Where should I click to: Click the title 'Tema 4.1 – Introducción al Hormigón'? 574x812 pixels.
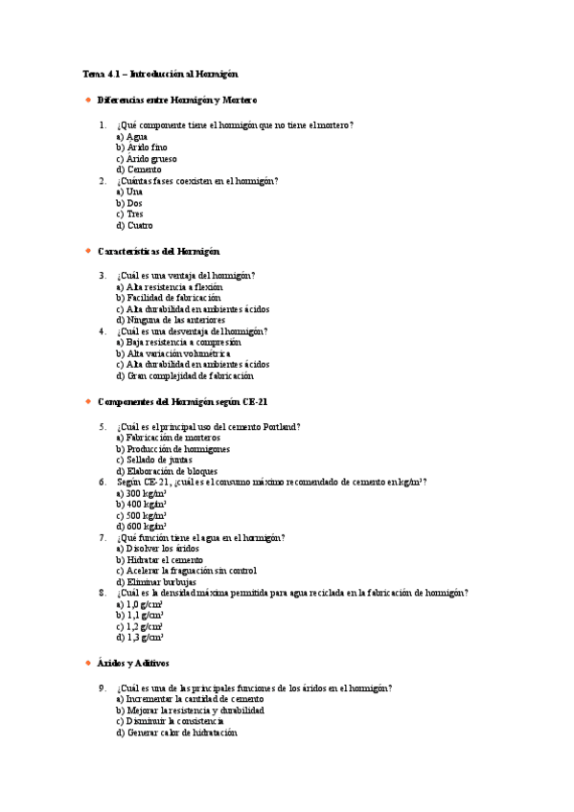coord(160,74)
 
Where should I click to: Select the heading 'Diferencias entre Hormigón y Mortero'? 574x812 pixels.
coord(177,100)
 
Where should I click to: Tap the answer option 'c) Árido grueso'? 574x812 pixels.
coord(146,159)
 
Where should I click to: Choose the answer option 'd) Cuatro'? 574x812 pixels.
coord(134,226)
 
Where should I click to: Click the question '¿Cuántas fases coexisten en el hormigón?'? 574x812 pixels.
coord(197,181)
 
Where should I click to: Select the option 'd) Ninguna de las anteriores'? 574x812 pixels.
coord(169,320)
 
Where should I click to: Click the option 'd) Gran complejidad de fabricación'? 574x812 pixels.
coord(178,375)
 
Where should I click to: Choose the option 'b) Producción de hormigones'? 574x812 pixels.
coord(172,449)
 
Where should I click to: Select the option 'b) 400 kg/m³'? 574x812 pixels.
coord(142,505)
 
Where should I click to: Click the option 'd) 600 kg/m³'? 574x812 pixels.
coord(142,527)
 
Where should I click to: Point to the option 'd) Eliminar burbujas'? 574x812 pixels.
coord(156,581)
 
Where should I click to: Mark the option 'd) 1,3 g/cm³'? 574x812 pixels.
coord(140,637)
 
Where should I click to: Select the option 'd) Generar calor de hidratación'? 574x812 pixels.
coord(176,733)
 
